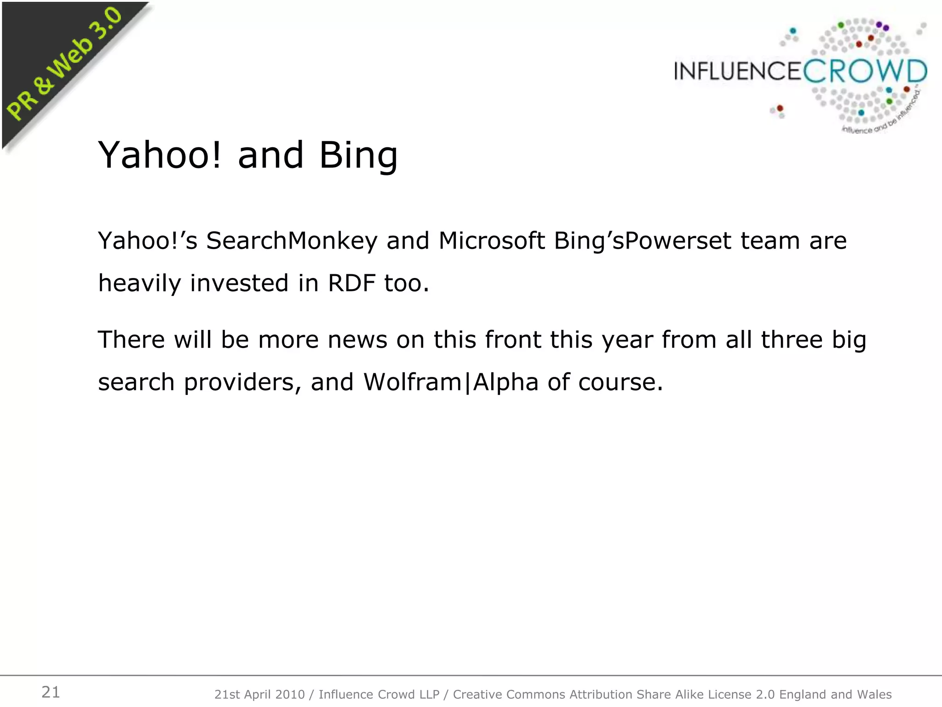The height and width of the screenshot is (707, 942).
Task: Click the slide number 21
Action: [51, 692]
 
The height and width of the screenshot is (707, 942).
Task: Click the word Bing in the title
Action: [358, 156]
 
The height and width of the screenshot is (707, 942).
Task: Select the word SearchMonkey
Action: [292, 241]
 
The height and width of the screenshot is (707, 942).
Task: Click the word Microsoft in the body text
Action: [491, 240]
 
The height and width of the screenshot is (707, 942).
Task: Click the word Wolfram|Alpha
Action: [451, 382]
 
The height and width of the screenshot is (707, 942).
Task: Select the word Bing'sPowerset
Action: [642, 241]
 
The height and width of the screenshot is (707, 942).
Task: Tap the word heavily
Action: [139, 284]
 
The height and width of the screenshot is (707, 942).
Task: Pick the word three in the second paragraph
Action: [792, 340]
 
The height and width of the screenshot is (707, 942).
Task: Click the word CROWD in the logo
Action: [865, 72]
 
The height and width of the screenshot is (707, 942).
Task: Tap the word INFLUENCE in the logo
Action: [738, 72]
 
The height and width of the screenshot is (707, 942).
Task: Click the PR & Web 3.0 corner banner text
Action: [64, 64]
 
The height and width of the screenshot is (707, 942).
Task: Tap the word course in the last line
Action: [620, 382]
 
